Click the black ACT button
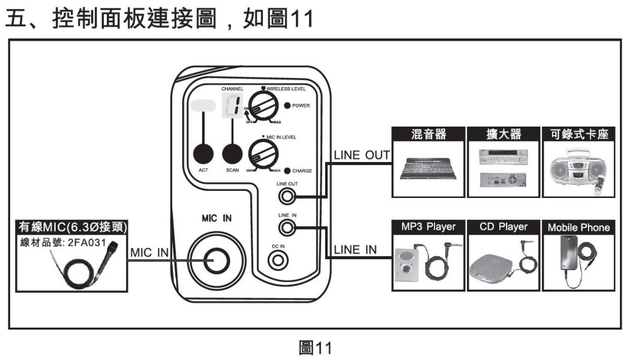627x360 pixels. click(x=203, y=154)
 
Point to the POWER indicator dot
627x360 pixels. click(x=287, y=106)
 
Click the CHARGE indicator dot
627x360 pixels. click(x=288, y=170)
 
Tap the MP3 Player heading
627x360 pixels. click(x=428, y=227)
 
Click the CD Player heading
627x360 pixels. click(x=503, y=227)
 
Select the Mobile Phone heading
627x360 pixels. click(x=578, y=228)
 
